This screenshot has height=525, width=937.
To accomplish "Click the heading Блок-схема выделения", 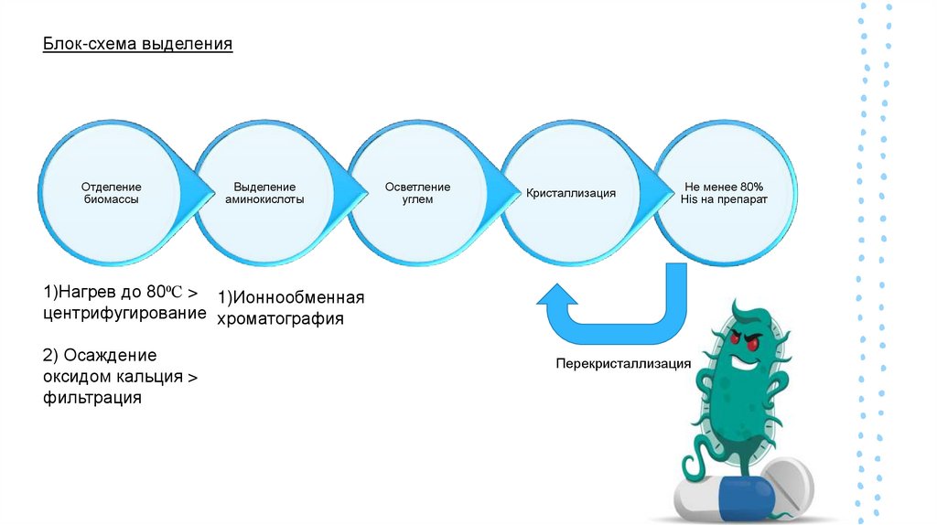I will click(x=137, y=44).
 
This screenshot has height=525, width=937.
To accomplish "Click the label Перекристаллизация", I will click(x=623, y=363).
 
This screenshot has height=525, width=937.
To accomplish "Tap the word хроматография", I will click(x=280, y=319).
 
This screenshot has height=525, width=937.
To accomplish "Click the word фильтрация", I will click(x=92, y=398).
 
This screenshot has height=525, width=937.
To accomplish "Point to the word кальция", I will click(x=146, y=377).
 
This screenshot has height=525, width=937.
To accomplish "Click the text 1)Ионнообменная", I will click(x=291, y=298).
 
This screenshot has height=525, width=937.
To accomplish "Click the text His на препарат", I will click(x=724, y=198).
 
